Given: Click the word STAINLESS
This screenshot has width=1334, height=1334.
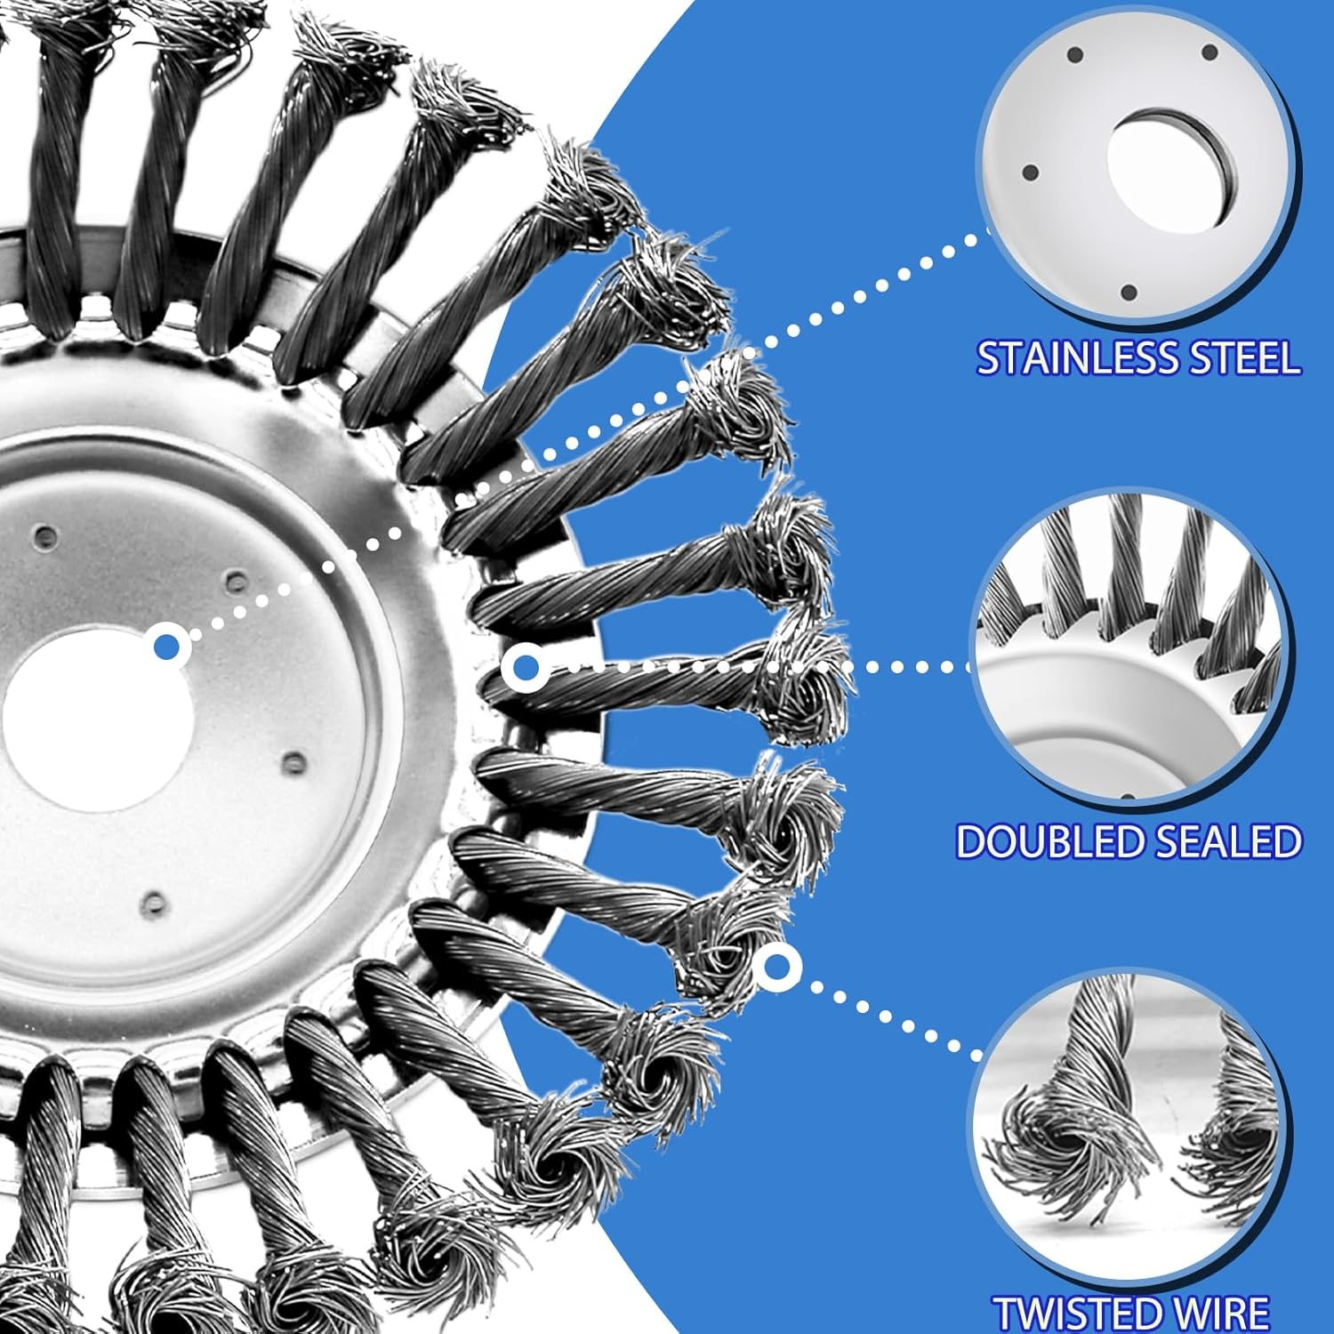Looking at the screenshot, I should pos(1077,358).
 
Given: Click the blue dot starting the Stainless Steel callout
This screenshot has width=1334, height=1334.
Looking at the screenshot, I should pos(166,647).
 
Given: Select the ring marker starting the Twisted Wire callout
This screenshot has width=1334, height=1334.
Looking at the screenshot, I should pos(778,966).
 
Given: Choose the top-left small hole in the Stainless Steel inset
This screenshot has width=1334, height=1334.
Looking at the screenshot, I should pos(1073,55).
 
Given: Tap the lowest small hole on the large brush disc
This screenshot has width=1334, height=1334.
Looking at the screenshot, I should pos(155,904).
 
